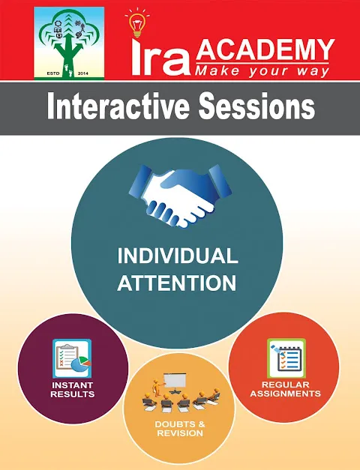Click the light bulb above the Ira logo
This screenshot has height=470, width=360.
(x=136, y=24)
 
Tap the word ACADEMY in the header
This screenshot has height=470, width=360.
(x=265, y=49)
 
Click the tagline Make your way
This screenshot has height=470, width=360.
(x=262, y=71)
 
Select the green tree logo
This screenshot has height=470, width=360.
(x=69, y=43)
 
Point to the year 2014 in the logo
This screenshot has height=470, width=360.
(x=83, y=73)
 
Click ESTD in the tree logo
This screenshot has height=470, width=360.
(x=54, y=73)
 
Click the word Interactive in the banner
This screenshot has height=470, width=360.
(x=118, y=106)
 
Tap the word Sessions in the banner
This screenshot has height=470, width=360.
(x=257, y=106)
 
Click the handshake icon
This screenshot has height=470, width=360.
(x=180, y=196)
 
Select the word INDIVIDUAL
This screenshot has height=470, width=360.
(x=178, y=256)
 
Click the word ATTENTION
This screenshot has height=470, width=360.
(x=177, y=283)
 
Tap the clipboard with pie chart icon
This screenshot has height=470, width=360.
(x=72, y=358)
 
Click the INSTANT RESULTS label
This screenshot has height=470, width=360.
(x=73, y=389)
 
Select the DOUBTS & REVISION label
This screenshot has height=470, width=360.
(x=180, y=429)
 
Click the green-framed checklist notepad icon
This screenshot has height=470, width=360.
(x=286, y=358)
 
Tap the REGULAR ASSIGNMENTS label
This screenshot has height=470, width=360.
(x=286, y=389)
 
